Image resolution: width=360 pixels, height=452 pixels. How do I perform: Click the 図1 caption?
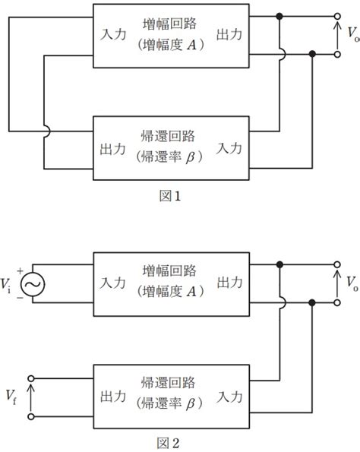[168, 195]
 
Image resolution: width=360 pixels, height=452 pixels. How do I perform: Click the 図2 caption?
[168, 442]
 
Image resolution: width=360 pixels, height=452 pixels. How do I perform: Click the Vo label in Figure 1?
[351, 36]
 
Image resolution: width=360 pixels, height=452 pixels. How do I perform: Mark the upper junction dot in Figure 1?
[280, 16]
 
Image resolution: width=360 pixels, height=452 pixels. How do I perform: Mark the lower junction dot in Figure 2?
[313, 302]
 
